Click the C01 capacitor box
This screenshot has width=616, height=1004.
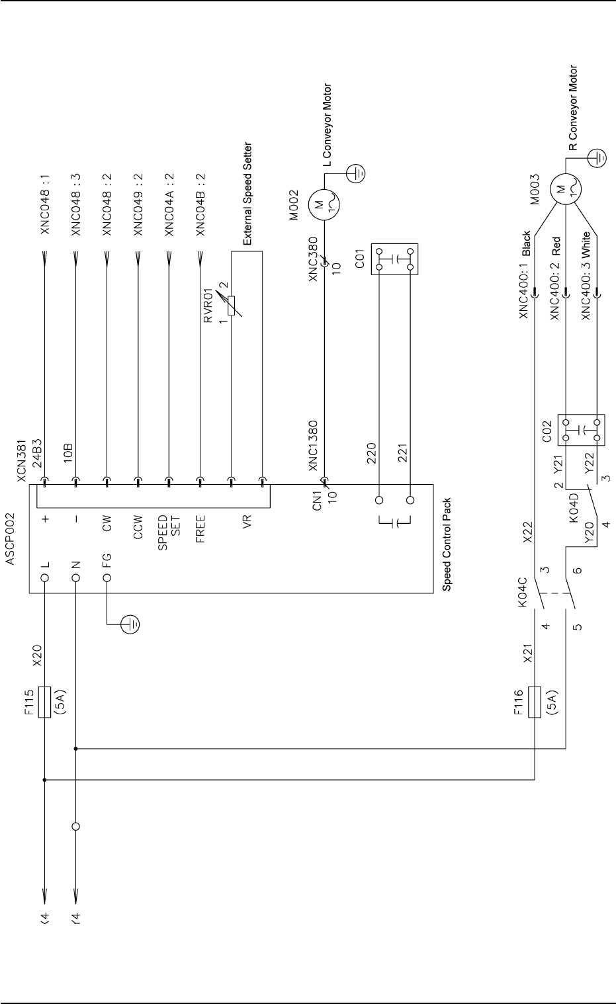click(395, 259)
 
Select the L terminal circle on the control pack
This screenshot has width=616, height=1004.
click(44, 577)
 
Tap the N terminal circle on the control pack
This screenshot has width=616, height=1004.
click(75, 577)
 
